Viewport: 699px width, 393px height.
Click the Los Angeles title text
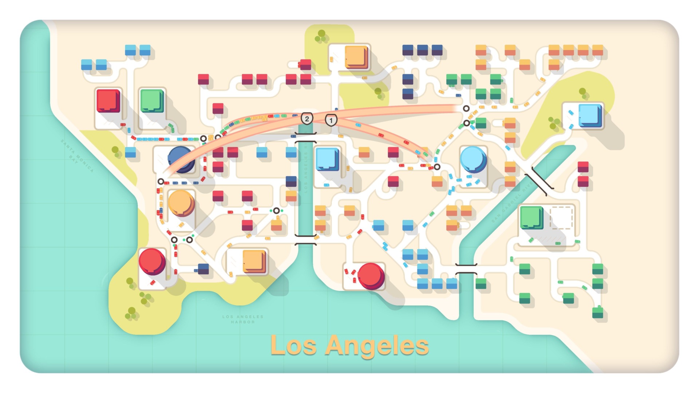click(349, 345)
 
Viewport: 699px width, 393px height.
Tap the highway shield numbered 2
click(307, 119)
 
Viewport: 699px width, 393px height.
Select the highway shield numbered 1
click(331, 120)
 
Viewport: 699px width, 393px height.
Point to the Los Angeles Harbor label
click(243, 319)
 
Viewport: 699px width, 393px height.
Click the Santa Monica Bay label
click(77, 156)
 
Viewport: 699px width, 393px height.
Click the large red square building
click(108, 101)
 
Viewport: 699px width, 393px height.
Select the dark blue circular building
click(181, 159)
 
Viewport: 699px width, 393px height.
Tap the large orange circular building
click(181, 203)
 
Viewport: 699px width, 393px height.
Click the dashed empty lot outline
click(561, 218)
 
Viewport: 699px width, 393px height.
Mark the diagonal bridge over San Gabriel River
click(539, 181)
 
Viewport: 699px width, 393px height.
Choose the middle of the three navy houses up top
click(422, 50)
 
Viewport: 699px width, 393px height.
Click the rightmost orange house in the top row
click(597, 50)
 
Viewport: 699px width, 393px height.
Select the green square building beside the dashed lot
click(531, 217)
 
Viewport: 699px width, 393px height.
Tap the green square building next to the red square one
click(152, 101)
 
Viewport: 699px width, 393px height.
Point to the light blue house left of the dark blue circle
click(130, 152)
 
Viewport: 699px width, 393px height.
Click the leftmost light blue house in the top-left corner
click(87, 64)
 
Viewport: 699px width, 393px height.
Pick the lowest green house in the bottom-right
click(597, 312)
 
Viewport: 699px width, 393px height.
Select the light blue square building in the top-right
click(589, 115)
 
